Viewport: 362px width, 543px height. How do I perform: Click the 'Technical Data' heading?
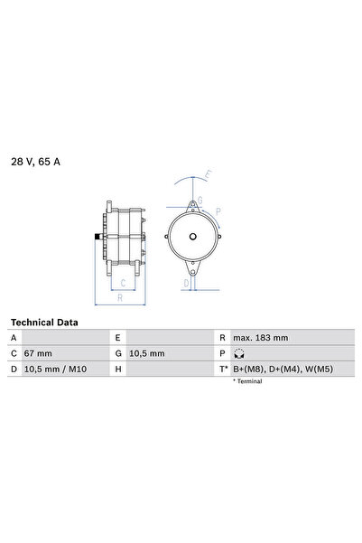[44, 322]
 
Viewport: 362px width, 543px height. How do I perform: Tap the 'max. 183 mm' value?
[260, 338]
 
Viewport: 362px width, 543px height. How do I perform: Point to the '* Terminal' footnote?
[249, 382]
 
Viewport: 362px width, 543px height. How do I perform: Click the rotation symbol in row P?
[239, 354]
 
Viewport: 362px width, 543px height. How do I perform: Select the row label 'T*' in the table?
[223, 370]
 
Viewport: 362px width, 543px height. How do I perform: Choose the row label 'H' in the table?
[118, 370]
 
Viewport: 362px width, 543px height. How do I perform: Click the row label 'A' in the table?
[14, 338]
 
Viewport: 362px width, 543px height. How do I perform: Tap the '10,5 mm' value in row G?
[148, 354]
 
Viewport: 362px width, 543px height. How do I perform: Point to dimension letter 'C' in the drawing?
[123, 281]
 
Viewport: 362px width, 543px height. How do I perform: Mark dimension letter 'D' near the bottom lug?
[185, 283]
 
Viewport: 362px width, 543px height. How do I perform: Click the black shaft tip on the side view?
[96, 238]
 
